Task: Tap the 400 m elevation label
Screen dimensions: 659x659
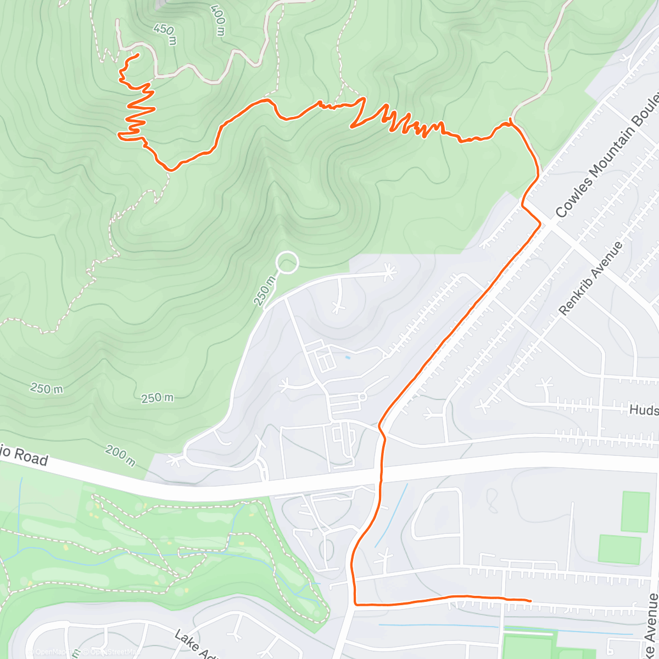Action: pos(217,20)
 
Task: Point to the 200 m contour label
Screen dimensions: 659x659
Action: pos(120,456)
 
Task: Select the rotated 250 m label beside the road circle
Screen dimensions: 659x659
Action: pos(265,291)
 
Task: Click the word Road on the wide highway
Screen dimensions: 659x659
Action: pos(31,457)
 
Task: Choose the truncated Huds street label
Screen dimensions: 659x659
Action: pos(644,410)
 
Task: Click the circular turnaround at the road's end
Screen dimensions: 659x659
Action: pos(287,263)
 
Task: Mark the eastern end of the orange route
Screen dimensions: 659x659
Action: pos(530,601)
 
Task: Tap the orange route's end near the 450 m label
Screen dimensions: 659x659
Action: pos(136,55)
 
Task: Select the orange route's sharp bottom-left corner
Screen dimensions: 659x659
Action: pos(355,605)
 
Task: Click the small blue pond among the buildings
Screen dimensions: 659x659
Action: pos(347,358)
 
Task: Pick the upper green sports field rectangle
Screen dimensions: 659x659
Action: pos(635,512)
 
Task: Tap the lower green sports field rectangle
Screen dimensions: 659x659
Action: pos(619,549)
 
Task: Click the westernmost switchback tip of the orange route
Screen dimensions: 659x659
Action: pos(119,133)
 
